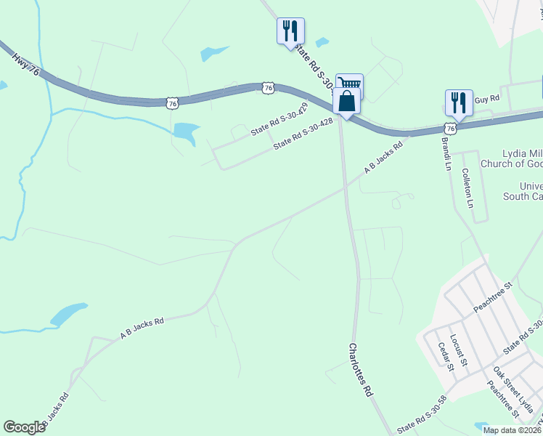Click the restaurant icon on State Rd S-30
pos(290,31)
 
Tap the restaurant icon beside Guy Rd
pos(459,102)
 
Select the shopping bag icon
pos(346,101)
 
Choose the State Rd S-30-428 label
pos(303,134)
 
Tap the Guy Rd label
pos(487,98)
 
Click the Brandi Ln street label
pos(446,154)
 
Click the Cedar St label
pos(445,356)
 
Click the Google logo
pos(25,427)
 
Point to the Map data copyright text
pos(513,430)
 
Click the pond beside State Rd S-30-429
pos(186,132)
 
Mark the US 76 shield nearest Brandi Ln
pos(450,128)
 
